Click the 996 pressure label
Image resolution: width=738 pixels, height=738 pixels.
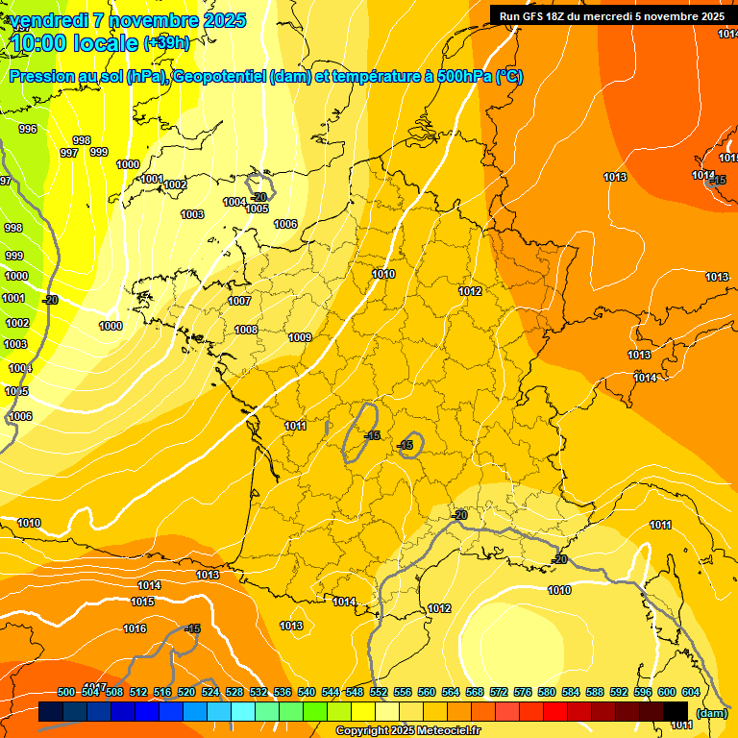[x=28, y=129]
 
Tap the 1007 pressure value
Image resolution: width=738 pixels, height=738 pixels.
[x=239, y=301]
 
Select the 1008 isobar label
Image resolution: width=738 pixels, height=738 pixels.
[x=246, y=330]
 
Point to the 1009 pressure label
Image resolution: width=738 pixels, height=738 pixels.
[x=300, y=337]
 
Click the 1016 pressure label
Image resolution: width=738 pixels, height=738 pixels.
[x=135, y=628]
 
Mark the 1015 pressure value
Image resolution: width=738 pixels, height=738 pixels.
[x=142, y=602]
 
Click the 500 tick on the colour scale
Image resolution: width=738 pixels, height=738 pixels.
[x=66, y=692]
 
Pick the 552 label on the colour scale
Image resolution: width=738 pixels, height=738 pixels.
[x=379, y=692]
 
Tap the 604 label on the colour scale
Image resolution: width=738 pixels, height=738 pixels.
[x=691, y=692]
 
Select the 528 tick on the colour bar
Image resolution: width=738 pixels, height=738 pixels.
[x=234, y=692]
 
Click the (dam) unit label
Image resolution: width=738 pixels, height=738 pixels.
[x=711, y=713]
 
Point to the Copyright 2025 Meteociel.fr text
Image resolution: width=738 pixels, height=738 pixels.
[x=407, y=731]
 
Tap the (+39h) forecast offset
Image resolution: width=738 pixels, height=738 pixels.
[x=166, y=43]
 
